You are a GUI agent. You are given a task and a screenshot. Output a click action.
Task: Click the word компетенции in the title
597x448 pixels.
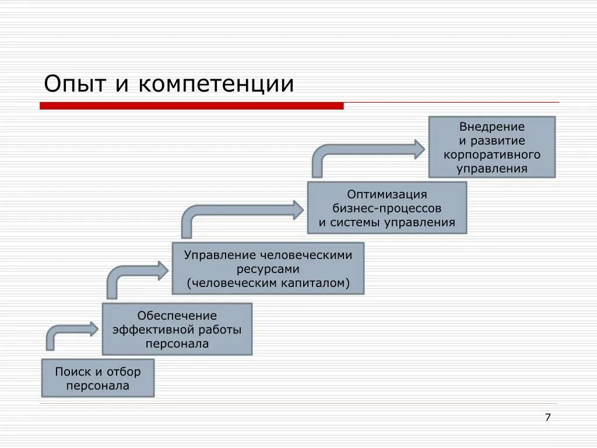(x=216, y=84)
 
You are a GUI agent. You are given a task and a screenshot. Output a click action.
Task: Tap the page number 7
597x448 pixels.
(x=547, y=417)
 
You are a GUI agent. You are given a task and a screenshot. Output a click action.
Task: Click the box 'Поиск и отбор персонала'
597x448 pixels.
(x=98, y=378)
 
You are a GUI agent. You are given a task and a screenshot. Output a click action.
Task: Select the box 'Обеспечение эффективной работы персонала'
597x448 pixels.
(x=177, y=329)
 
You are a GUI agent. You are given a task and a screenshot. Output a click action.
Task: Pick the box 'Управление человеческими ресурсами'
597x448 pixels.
(x=268, y=268)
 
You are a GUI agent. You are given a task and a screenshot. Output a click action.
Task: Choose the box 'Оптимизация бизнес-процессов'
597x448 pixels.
(x=387, y=208)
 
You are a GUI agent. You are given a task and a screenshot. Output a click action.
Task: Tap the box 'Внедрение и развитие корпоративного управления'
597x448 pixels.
(x=492, y=147)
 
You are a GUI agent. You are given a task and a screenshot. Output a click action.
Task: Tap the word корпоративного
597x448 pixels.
(x=492, y=155)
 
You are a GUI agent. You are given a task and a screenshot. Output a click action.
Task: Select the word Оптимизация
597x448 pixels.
(x=387, y=194)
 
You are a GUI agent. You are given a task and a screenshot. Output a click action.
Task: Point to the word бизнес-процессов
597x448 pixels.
(x=387, y=208)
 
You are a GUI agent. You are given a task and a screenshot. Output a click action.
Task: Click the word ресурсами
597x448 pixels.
(x=268, y=269)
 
